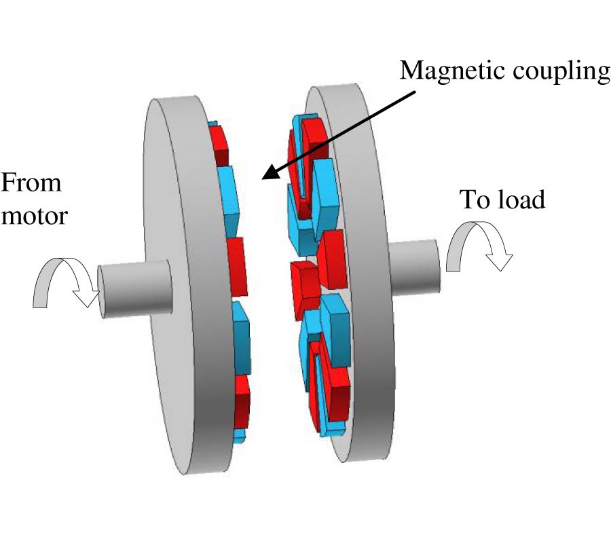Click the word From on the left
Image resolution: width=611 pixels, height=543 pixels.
coord(31,183)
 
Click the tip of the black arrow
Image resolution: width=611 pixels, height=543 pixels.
coord(265,178)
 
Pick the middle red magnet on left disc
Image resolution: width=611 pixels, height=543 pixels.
coord(236,261)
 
